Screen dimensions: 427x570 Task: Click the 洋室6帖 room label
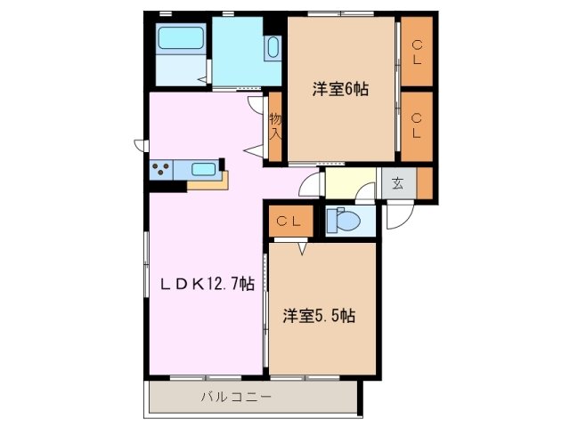point(340,89)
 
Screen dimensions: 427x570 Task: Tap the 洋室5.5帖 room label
point(320,316)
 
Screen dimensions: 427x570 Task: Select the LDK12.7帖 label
point(208,285)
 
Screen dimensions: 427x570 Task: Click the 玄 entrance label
point(398,185)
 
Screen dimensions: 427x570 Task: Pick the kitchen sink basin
point(203,168)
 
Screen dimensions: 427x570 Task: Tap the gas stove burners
point(162,167)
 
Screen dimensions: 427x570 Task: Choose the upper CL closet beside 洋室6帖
point(416,52)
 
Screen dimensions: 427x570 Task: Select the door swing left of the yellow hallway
point(310,184)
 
